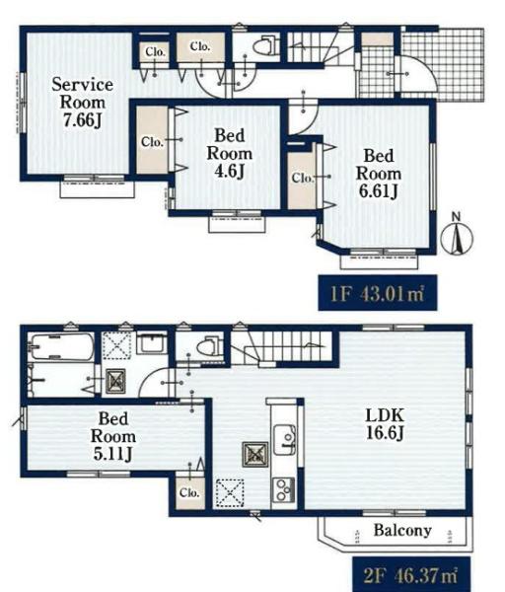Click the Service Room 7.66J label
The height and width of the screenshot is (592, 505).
(82, 103)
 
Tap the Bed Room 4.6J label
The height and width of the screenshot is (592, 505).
(230, 153)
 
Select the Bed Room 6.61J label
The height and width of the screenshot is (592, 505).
(378, 174)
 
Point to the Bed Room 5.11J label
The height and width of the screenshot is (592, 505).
(112, 436)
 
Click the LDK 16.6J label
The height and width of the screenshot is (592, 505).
(385, 424)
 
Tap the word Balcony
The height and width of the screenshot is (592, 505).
(402, 531)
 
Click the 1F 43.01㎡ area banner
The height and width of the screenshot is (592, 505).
(378, 293)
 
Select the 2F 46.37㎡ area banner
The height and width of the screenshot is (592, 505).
(411, 574)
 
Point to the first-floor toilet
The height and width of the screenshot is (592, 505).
(265, 46)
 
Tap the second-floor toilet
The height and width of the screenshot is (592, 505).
(210, 345)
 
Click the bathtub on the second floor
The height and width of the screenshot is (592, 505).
(62, 346)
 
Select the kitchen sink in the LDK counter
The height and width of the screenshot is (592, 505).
(285, 439)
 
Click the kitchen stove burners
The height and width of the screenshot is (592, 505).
(284, 490)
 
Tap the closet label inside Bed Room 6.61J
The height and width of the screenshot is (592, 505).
(303, 178)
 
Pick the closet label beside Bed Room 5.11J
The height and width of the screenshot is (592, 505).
(189, 492)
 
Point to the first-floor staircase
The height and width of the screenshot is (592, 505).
(321, 47)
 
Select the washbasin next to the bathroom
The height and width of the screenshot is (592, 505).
(152, 342)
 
